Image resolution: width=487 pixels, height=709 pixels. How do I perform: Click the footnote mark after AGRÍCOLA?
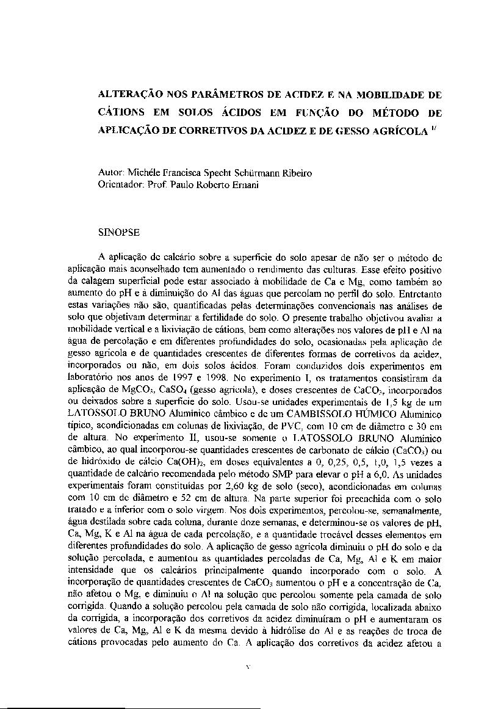(x=435, y=129)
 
